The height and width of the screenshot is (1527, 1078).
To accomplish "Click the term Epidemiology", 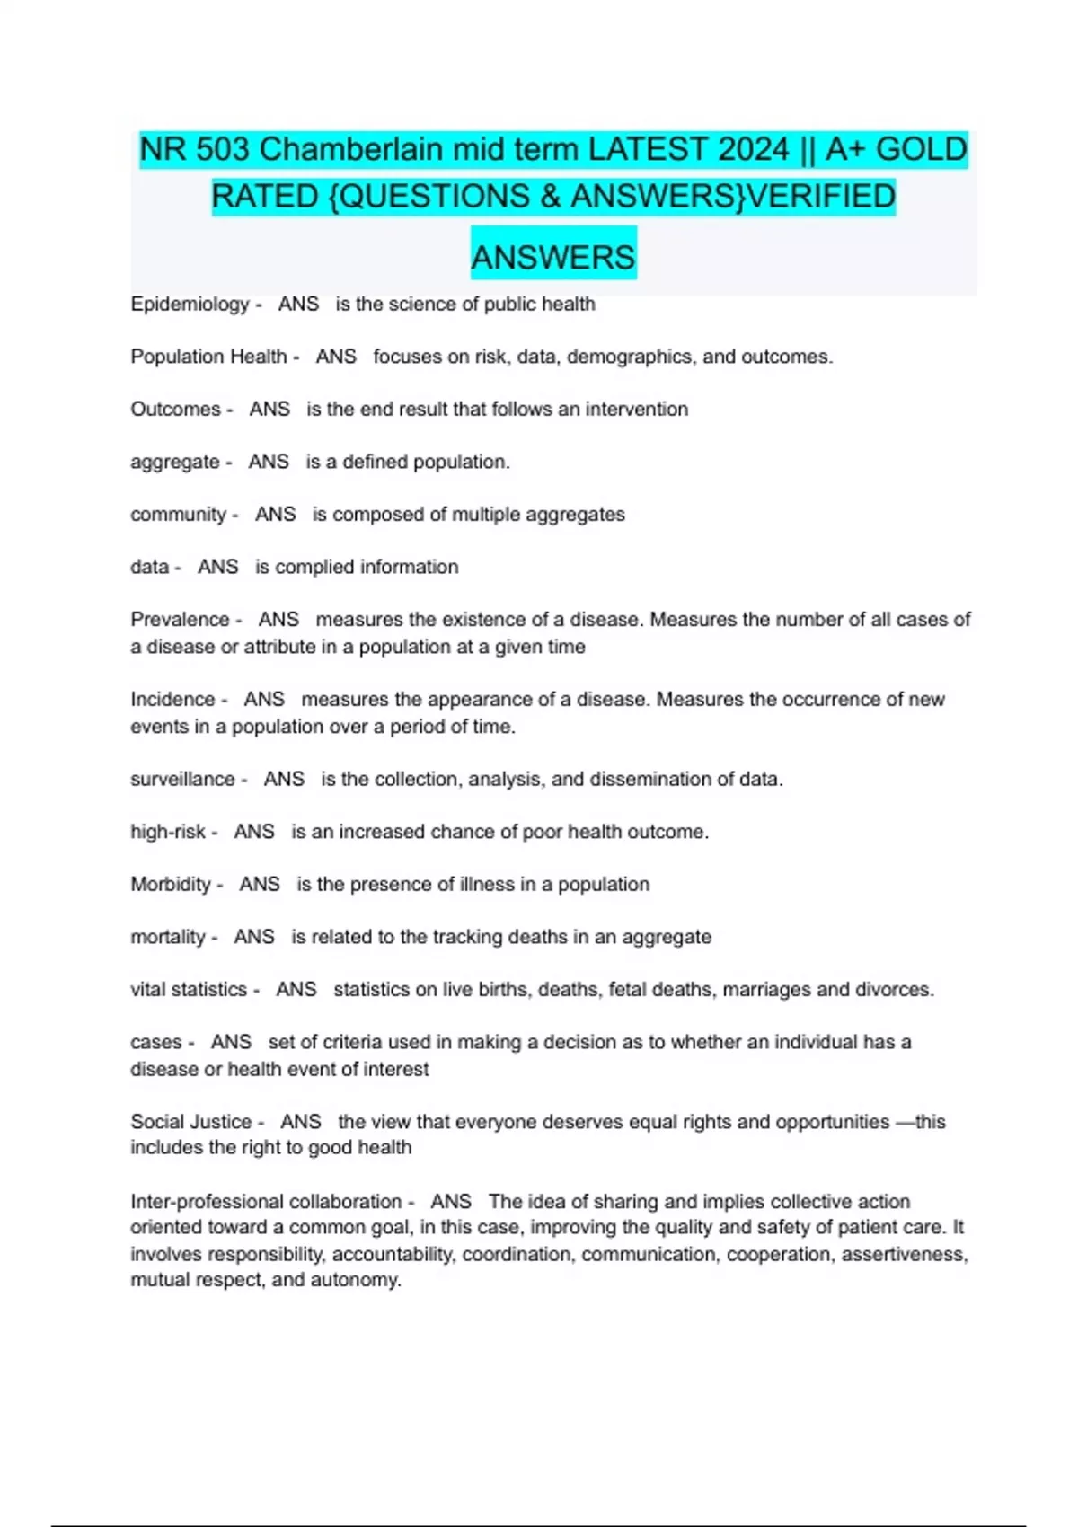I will (190, 305).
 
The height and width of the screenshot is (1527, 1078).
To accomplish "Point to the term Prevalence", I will (180, 620).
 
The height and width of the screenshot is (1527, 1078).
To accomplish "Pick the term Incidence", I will (172, 700).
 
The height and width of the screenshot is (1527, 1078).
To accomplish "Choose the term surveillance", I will (182, 780).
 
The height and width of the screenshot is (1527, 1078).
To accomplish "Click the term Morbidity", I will (171, 885).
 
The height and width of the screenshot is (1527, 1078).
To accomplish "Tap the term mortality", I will (168, 937).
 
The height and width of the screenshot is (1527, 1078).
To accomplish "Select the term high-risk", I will (168, 832).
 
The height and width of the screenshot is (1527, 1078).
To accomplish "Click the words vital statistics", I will (189, 990).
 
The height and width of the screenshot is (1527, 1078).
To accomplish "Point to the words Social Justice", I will (190, 1122).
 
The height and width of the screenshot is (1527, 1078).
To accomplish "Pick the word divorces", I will (897, 990).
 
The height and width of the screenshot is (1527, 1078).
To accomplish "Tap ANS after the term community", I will (275, 515).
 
